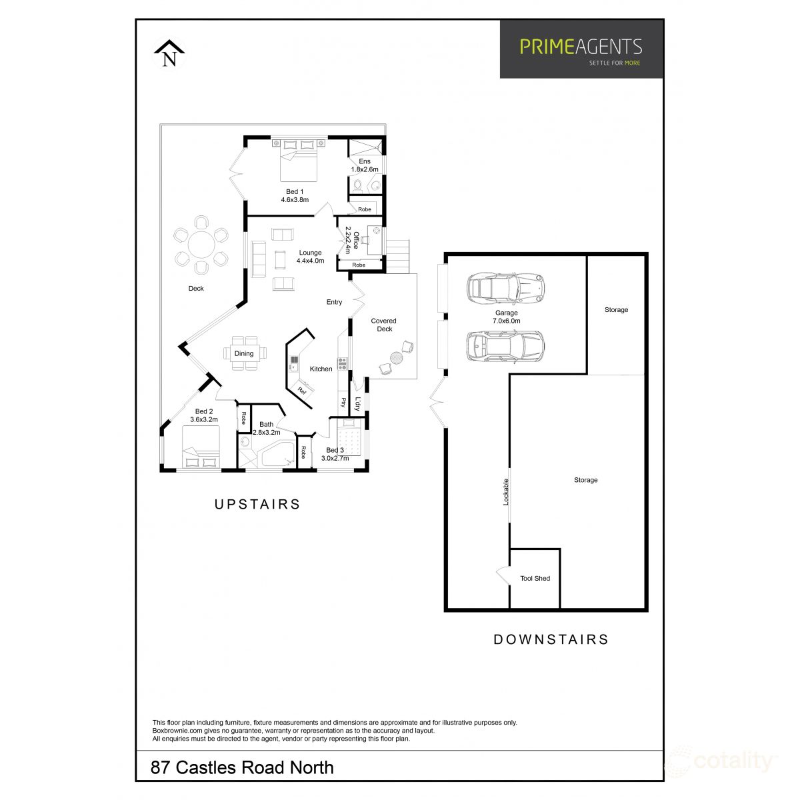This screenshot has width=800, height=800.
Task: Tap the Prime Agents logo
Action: coord(581,49)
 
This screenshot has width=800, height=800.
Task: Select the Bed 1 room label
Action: coord(295,195)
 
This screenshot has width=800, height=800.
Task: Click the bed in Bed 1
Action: coord(298,160)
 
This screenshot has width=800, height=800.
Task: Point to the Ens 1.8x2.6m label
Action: coord(365,165)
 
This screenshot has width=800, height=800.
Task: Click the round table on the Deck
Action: coord(201,245)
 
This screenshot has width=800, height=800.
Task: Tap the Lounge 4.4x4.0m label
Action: coord(310,257)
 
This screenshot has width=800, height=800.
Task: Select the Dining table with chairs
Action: coord(244,353)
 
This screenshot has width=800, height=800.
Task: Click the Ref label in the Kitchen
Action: coord(301,391)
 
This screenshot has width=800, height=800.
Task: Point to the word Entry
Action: coord(334,302)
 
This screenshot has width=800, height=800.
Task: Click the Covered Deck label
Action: coord(385,325)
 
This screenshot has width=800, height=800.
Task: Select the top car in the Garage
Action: coord(506,287)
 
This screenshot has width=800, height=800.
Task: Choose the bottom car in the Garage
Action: coord(505,346)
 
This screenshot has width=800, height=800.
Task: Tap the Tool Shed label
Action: coord(535,578)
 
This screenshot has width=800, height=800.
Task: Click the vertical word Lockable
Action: coord(506,492)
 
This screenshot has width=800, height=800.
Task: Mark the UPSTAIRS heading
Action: coord(257,504)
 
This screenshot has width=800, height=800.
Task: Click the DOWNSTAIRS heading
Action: coord(551,639)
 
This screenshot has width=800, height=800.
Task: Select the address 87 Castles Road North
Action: coord(243,767)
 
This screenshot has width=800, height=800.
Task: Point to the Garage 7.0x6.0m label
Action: coord(507,317)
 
